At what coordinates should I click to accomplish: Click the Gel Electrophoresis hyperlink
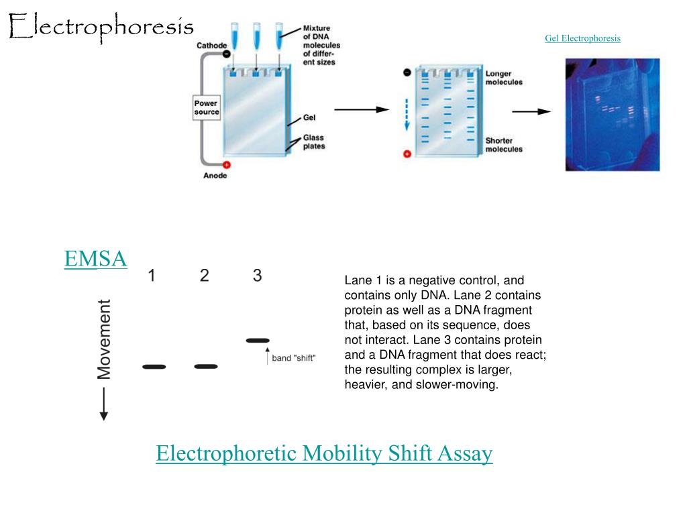[x=582, y=38]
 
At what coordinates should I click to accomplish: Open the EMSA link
[x=95, y=258]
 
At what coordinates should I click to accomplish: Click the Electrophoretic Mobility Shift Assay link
[x=324, y=453]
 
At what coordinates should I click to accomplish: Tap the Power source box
[x=207, y=108]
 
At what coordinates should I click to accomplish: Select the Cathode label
[x=211, y=46]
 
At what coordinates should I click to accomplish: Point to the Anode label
[x=215, y=176]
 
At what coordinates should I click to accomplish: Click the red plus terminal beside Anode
[x=227, y=165]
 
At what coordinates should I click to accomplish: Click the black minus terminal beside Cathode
[x=227, y=54]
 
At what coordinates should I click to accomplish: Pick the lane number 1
[x=152, y=276]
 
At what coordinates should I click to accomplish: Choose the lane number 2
[x=204, y=276]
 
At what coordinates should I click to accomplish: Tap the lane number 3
[x=257, y=276]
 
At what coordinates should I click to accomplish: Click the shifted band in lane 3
[x=258, y=340]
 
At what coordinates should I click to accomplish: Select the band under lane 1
[x=154, y=367]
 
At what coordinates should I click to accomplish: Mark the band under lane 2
[x=206, y=366]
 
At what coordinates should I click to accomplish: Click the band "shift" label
[x=294, y=358]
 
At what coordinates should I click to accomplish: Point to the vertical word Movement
[x=104, y=339]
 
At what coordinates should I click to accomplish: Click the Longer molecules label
[x=504, y=78]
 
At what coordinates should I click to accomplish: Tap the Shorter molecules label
[x=504, y=145]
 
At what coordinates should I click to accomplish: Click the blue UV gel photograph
[x=613, y=115]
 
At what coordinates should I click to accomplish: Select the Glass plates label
[x=314, y=142]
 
